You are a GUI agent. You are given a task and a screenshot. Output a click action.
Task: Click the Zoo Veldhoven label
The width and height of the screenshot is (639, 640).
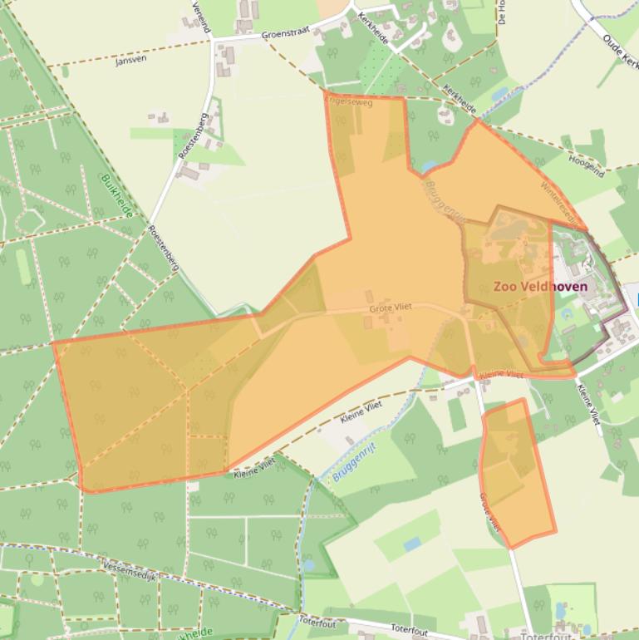pos(540,287)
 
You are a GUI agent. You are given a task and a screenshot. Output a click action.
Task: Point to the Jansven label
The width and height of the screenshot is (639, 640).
pos(131,62)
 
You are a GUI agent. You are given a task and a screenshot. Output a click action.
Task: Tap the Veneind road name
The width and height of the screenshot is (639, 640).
pos(201,17)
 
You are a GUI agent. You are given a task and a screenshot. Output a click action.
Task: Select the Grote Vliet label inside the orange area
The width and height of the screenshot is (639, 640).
pos(391,309)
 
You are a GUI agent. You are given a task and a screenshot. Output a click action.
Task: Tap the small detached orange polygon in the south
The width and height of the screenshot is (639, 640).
pos(517,474)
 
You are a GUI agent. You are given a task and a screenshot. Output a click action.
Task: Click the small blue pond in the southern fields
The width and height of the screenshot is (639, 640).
pos(412,544)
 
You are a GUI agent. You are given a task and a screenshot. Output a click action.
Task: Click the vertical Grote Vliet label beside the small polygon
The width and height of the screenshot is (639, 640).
pos(489,512)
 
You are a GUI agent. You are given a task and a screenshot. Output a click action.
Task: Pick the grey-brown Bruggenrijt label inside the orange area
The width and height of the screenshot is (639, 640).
pos(442,199)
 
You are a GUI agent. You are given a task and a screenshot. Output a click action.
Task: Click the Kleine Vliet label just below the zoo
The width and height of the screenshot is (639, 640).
pos(502,375)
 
